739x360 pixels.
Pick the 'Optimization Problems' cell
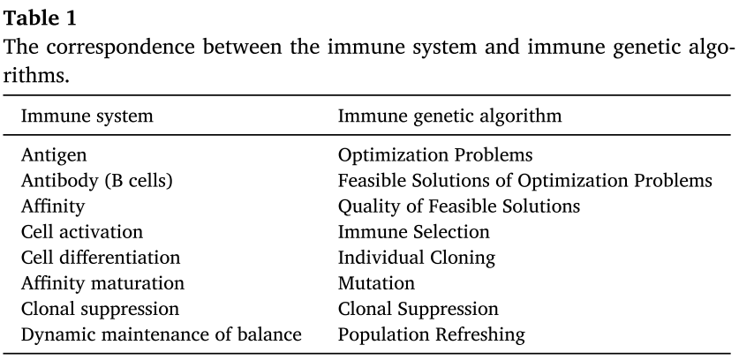[435, 155]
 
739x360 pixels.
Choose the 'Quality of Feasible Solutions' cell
[459, 206]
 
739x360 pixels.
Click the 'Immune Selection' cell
[414, 232]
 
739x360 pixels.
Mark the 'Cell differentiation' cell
[101, 258]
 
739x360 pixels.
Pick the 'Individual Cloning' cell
[417, 258]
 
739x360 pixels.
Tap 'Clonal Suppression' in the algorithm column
[419, 309]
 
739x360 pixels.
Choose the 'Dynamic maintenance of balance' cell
[161, 334]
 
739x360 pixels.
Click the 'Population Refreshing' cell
[432, 334]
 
